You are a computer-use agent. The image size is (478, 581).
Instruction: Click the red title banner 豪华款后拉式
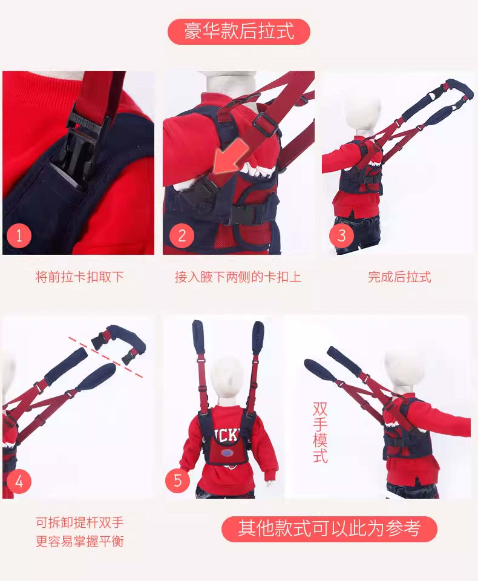pyautogui.click(x=239, y=31)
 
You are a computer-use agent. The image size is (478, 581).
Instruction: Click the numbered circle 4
pyautogui.click(x=19, y=481)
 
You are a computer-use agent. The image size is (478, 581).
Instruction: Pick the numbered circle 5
pyautogui.click(x=178, y=481)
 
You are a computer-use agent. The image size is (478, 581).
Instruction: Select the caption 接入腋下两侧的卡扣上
pyautogui.click(x=238, y=277)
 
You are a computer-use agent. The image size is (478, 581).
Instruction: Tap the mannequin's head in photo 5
pyautogui.click(x=226, y=379)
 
